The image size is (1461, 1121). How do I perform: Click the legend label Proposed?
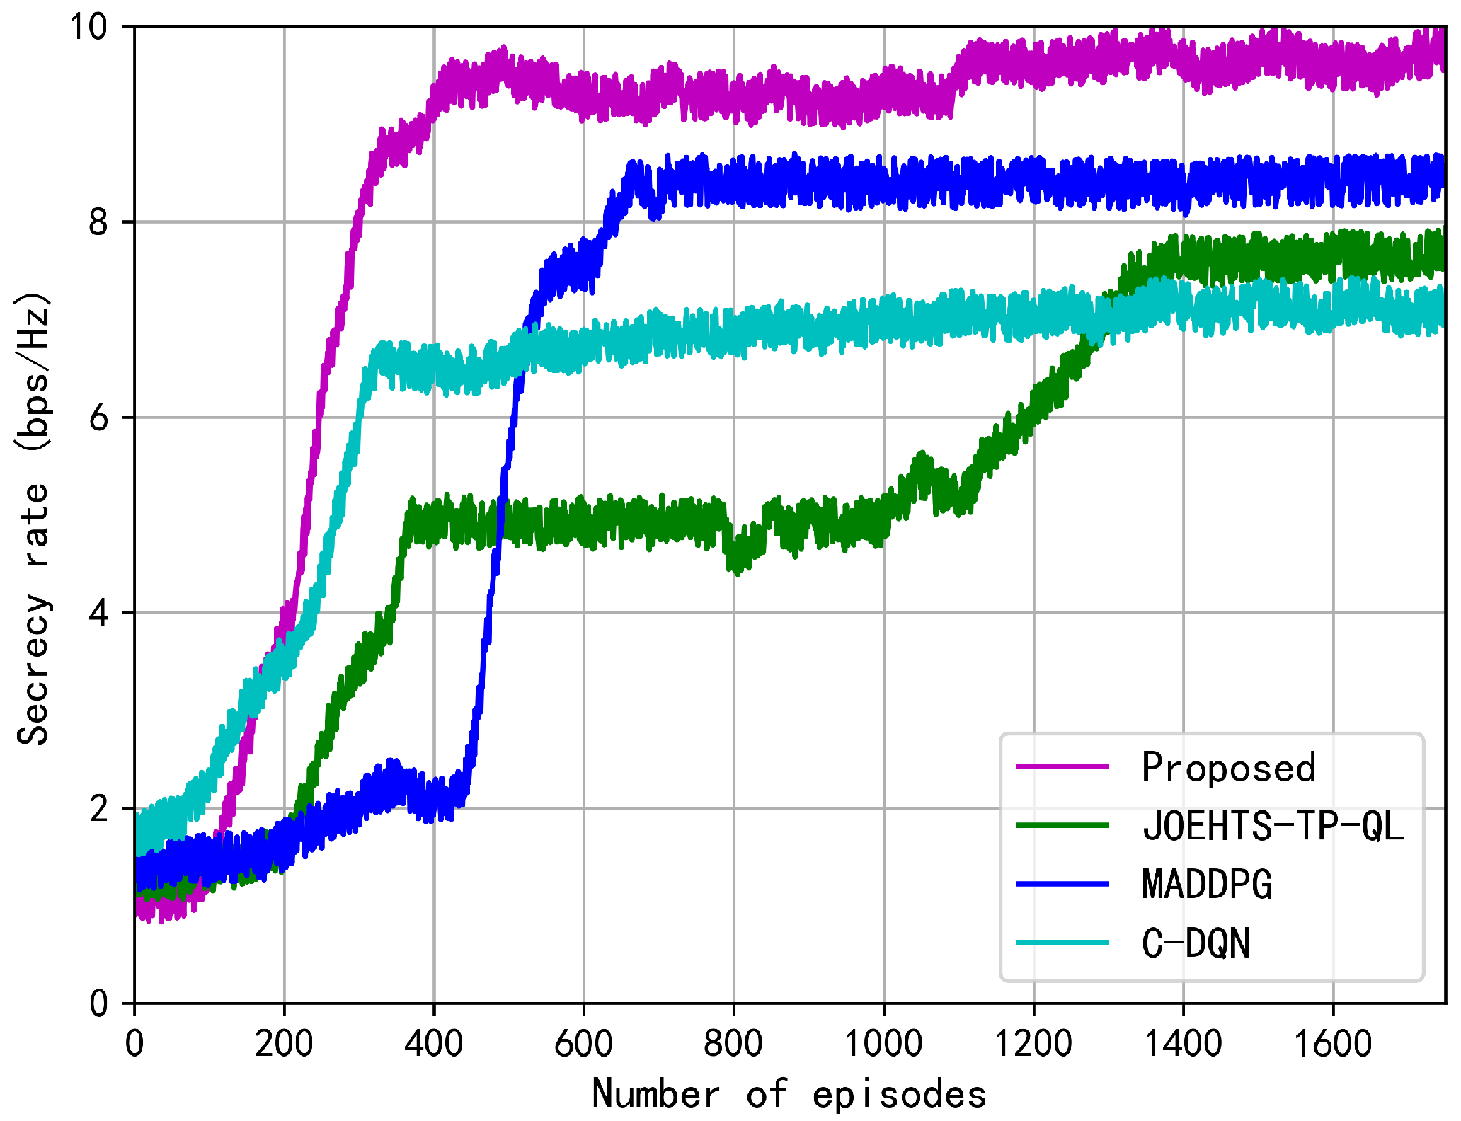click(x=1229, y=767)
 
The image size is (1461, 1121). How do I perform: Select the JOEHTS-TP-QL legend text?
click(x=1273, y=826)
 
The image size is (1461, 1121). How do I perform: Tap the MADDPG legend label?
click(x=1207, y=885)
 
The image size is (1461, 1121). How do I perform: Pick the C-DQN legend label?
click(x=1196, y=943)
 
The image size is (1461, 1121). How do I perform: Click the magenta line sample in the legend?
click(x=1062, y=766)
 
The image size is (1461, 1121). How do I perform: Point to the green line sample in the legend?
click(x=1062, y=825)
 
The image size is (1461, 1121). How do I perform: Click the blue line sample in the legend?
click(x=1062, y=884)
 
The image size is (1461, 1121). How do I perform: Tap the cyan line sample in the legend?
click(x=1062, y=943)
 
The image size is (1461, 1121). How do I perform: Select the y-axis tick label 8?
click(x=98, y=222)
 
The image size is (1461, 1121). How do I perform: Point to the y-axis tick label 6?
click(x=98, y=418)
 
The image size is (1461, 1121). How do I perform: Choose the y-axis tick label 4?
click(x=98, y=613)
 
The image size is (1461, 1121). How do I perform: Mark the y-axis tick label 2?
click(x=98, y=808)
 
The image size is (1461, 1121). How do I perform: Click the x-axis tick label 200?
click(x=284, y=1044)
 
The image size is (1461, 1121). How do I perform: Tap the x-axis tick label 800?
click(x=733, y=1044)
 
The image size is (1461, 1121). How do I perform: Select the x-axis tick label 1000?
click(x=883, y=1044)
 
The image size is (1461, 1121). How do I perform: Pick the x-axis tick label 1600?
click(x=1333, y=1044)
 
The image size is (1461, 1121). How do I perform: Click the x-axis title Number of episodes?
click(x=789, y=1094)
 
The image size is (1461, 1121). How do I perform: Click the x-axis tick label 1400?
click(x=1183, y=1044)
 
